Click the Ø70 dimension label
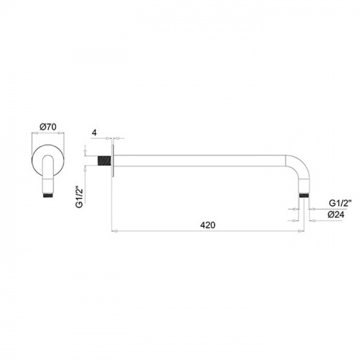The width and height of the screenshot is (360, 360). tap(48, 127)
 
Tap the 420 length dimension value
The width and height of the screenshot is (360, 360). tap(208, 225)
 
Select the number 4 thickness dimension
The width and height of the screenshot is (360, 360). tap(94, 132)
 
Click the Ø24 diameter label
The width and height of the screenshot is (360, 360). tap(336, 215)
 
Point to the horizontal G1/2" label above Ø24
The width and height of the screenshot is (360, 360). tap(340, 203)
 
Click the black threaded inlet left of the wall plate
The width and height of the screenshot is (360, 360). tap(104, 161)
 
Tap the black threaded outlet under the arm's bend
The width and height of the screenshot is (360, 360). tap(304, 195)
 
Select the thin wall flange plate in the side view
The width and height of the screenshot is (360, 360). tap(112, 161)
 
